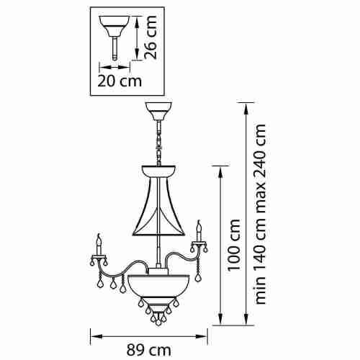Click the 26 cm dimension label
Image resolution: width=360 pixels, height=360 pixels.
click(x=150, y=37)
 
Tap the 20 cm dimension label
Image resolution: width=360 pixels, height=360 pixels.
click(x=120, y=81)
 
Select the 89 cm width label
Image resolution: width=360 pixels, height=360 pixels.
click(x=149, y=351)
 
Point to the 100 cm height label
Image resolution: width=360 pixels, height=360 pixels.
click(x=234, y=245)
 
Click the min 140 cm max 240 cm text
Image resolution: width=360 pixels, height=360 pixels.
click(x=260, y=214)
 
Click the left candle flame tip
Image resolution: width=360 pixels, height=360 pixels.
click(x=99, y=234)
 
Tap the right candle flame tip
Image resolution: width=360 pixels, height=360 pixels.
click(x=199, y=221)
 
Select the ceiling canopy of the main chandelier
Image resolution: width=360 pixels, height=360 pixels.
click(x=159, y=111)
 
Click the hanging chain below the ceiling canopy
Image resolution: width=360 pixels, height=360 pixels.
click(x=159, y=143)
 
